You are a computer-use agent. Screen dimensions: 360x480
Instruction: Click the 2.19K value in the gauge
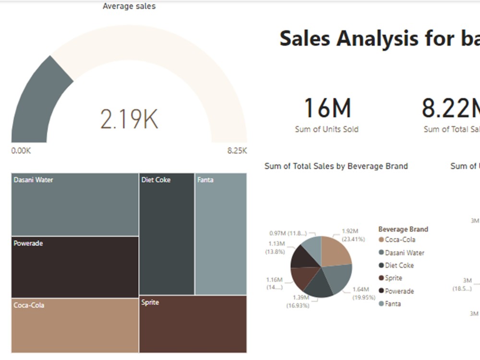click(129, 120)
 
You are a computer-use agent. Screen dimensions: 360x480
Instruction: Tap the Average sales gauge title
click(129, 6)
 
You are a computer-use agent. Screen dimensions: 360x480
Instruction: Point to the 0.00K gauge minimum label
click(21, 150)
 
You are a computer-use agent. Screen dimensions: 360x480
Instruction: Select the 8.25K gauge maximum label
click(237, 150)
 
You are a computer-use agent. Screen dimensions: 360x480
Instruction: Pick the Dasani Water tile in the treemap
click(75, 204)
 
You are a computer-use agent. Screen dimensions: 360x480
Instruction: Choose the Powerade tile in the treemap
click(75, 267)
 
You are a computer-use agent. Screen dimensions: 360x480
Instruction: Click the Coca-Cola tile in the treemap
click(75, 325)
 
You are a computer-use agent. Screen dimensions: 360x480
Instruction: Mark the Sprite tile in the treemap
click(193, 324)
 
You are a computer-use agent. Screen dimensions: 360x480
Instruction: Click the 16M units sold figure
click(327, 108)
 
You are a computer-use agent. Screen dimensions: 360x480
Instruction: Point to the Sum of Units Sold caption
click(326, 129)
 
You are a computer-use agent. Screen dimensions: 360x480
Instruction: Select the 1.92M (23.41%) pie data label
click(353, 235)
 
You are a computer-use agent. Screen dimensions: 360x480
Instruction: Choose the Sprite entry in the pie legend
click(393, 278)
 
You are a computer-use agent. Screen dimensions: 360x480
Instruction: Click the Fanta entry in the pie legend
click(392, 304)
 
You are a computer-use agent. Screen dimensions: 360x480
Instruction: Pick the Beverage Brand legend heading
click(403, 229)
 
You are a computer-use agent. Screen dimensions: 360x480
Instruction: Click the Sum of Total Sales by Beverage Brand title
click(336, 166)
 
